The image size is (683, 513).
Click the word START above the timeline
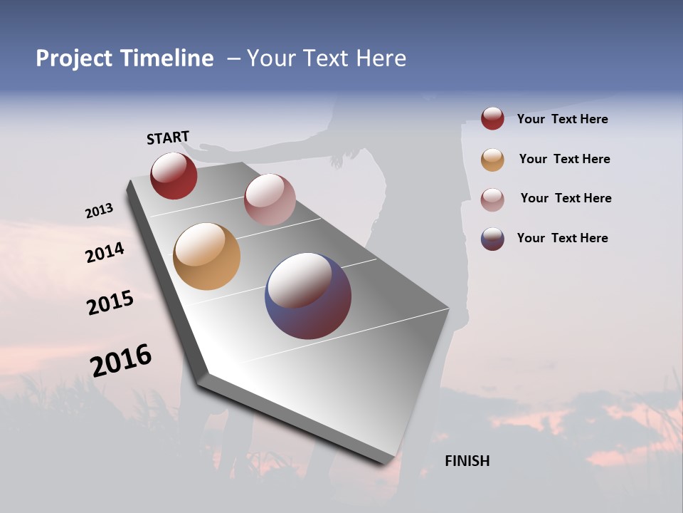(x=168, y=138)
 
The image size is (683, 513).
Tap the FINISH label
(x=467, y=461)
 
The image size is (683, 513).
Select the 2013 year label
(x=99, y=211)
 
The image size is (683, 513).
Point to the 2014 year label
(x=105, y=253)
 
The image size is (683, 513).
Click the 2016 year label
(x=121, y=361)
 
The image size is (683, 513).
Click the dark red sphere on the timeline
(x=174, y=175)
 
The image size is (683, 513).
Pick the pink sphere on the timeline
(x=270, y=199)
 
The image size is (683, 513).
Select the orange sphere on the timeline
(x=206, y=256)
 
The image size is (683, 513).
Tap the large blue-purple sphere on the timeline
(x=308, y=296)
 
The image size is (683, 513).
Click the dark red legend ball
(x=492, y=119)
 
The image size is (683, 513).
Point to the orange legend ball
(x=492, y=160)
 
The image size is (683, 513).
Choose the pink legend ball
(x=492, y=199)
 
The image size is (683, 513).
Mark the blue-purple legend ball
(x=492, y=239)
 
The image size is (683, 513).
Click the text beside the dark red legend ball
(x=562, y=119)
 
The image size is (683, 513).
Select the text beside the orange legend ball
(x=564, y=159)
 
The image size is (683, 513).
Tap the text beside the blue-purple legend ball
(x=562, y=238)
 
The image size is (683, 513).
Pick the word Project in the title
(x=73, y=58)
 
